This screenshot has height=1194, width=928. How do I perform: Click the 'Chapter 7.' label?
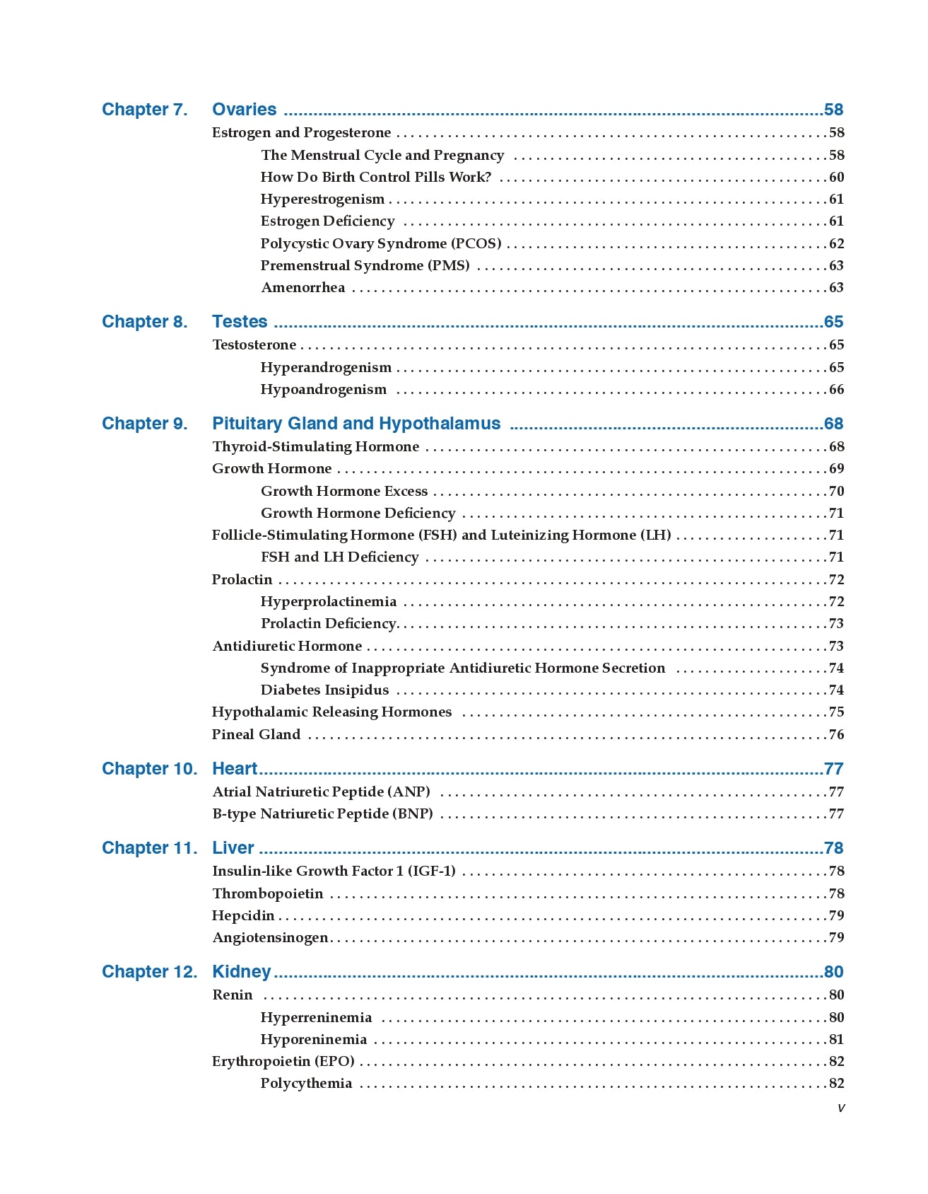pos(144,110)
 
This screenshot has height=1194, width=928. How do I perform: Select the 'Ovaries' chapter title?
pos(244,110)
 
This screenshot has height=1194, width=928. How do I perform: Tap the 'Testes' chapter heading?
pos(240,322)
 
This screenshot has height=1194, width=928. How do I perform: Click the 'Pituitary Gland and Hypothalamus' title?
pos(356,424)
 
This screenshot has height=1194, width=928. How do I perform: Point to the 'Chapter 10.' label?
pos(149,769)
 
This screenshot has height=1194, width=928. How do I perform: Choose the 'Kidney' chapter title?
pos(241,972)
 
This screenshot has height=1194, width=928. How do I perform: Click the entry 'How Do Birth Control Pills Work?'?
pos(375,177)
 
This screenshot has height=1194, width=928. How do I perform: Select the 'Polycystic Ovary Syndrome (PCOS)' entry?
pos(381,243)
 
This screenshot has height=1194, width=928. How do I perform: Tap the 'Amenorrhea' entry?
pos(303,287)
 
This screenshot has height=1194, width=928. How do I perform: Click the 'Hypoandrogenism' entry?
pos(323,389)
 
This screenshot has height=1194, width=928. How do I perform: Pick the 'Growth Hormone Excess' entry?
pos(344,491)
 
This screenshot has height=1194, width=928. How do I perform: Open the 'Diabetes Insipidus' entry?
pos(324,690)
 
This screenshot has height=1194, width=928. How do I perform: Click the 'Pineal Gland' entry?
pos(256,734)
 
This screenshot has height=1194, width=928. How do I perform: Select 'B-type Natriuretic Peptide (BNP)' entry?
pos(322,813)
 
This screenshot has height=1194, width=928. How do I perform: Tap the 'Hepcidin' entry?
pos(243,915)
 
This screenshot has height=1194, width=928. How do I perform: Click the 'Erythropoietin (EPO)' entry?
pos(283,1061)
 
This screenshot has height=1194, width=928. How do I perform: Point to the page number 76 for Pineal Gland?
pos(836,734)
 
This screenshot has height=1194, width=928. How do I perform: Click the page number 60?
pos(836,177)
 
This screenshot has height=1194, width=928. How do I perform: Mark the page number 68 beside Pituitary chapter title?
pos(834,424)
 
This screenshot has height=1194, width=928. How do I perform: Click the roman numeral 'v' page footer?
pos(840,1108)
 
